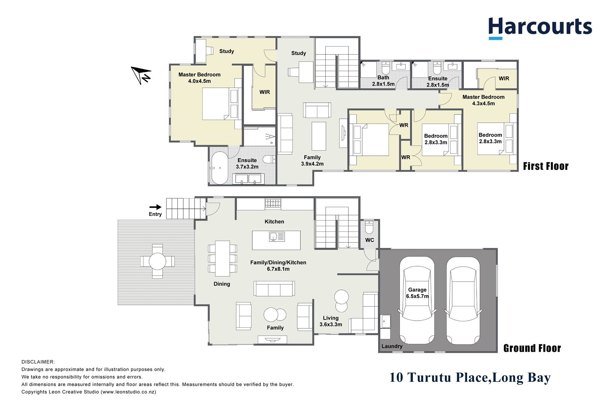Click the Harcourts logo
pos(540,28)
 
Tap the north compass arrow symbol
pos(141,74)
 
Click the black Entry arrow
pos(155,207)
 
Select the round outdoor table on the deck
pos(157,261)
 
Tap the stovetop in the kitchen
pos(273,204)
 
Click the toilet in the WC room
pos(369,227)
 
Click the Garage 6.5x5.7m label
pos(417,293)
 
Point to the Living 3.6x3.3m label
pos(330,321)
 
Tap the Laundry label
pos(392,346)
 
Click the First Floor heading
pos(546,166)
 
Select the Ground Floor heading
pos(532,348)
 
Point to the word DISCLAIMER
pos(38,362)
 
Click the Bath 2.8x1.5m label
pos(383,81)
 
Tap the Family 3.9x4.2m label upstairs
pos(312,160)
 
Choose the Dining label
pos(222,284)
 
